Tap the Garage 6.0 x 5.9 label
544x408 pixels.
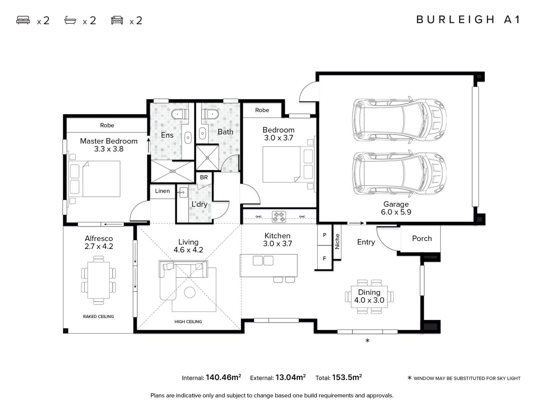396,208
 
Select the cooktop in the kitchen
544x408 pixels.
279,217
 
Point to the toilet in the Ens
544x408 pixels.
180,114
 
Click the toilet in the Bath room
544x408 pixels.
210,114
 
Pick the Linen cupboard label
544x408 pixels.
162,191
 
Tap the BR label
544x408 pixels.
204,178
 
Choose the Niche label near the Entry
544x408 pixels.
337,241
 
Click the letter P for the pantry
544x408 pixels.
325,235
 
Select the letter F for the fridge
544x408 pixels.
325,258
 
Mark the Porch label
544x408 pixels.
422,238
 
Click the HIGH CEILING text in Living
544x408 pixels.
188,321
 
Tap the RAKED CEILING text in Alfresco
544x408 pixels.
98,316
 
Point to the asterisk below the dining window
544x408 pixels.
367,341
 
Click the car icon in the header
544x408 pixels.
117,20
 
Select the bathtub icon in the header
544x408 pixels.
70,20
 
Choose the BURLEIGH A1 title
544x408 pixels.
468,20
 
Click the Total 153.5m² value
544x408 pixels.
347,377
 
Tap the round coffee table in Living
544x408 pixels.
190,292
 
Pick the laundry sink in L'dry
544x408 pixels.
183,193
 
